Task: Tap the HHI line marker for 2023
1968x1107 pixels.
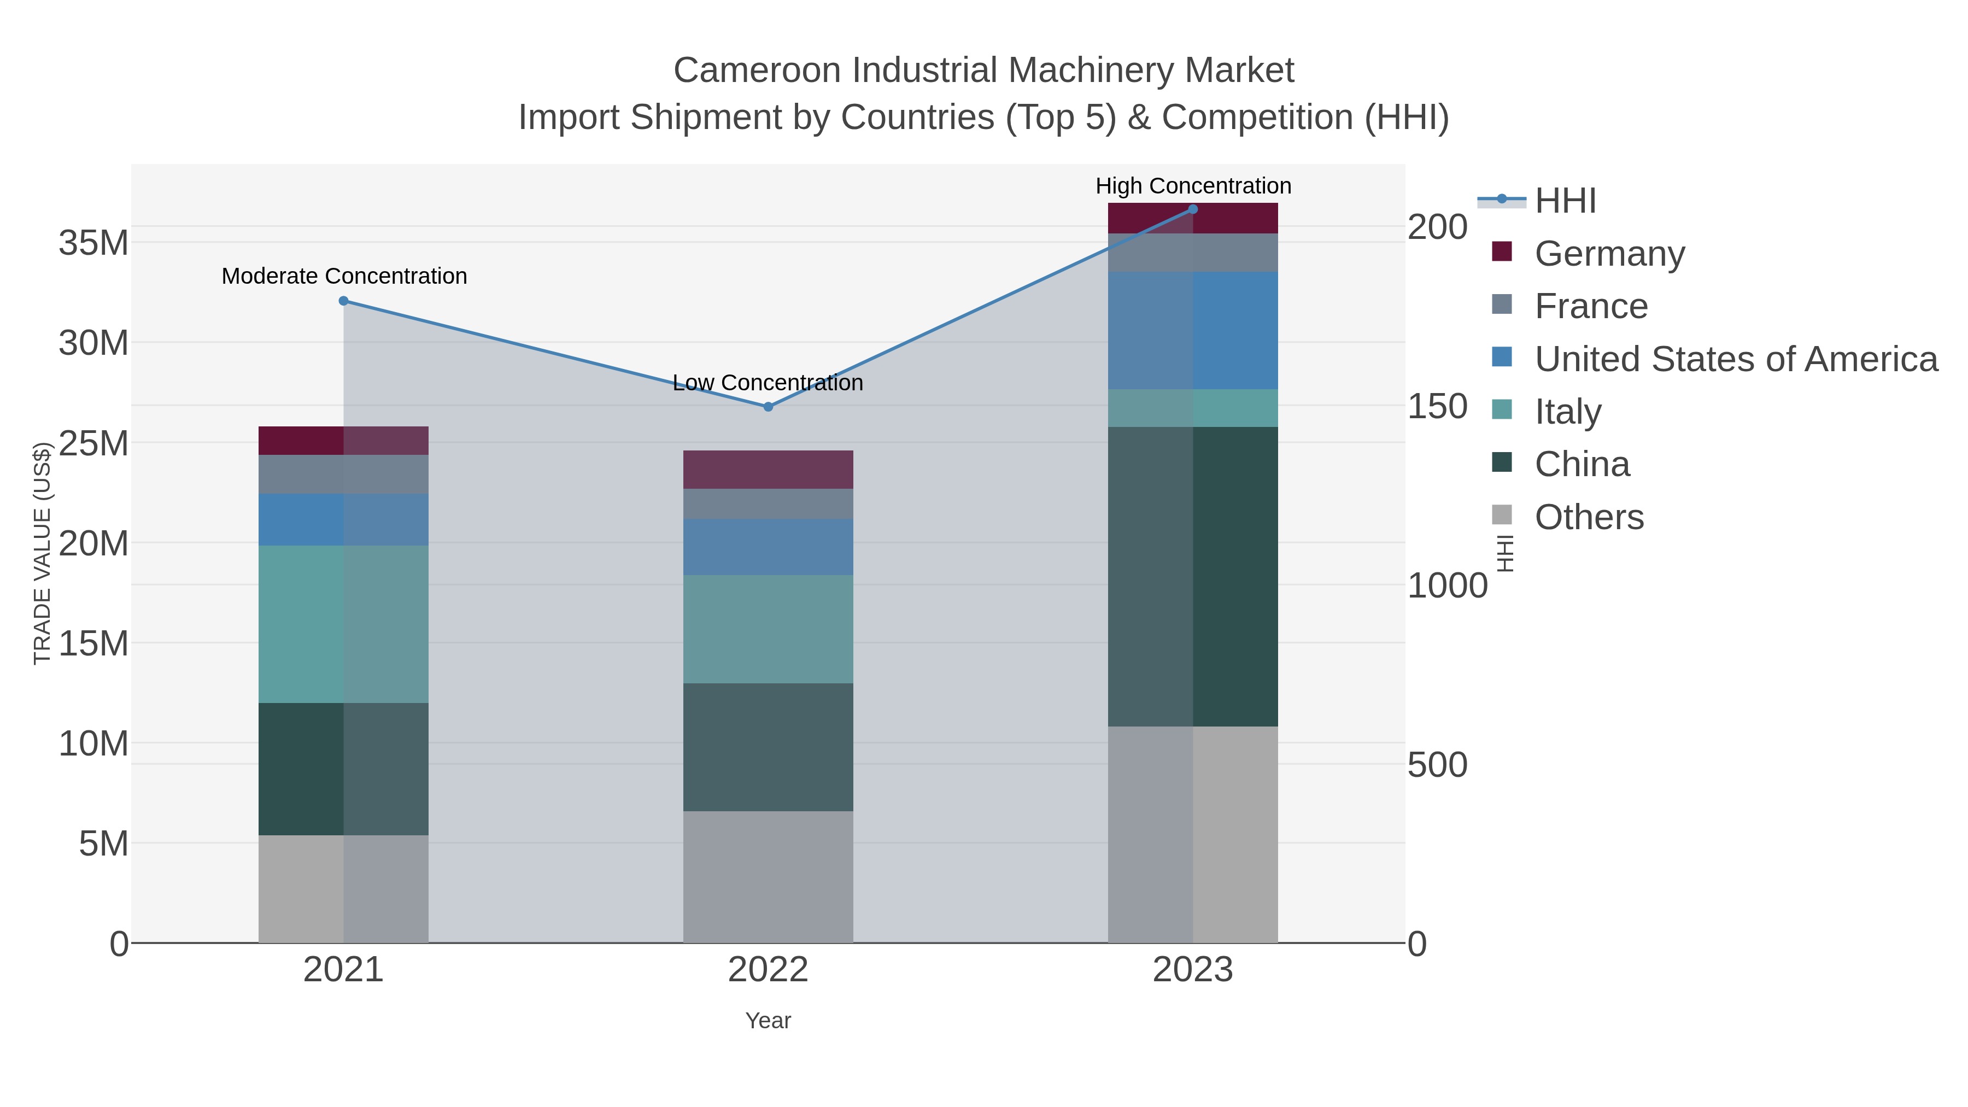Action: point(1193,209)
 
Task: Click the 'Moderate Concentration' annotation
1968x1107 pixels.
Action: point(344,276)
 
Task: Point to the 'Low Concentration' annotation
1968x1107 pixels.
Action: point(768,382)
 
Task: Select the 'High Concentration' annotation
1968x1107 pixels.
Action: point(1193,186)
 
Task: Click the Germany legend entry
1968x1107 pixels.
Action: point(1609,254)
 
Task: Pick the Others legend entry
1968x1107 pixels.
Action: point(1589,517)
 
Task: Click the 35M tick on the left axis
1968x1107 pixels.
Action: point(93,243)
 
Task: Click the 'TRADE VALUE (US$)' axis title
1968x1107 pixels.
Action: point(42,553)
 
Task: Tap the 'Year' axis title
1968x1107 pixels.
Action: point(768,1021)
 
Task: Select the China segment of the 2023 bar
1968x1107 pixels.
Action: point(1193,576)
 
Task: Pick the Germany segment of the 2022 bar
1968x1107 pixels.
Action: point(768,470)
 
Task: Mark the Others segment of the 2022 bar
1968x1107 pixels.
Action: point(768,877)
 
